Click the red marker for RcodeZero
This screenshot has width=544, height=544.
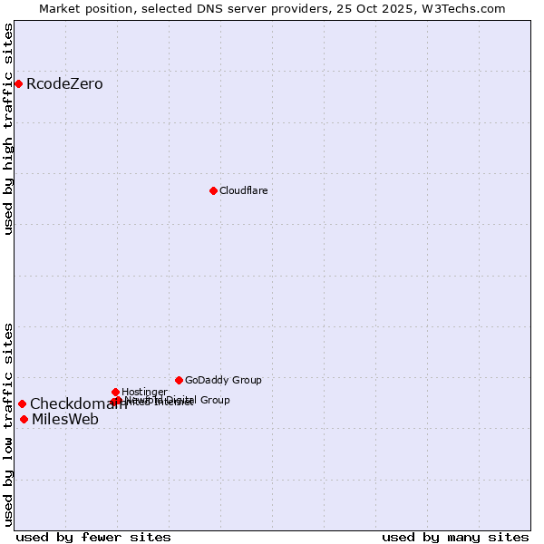coord(18,84)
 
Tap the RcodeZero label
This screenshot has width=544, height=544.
coord(64,84)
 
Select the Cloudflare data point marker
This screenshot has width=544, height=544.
coord(213,190)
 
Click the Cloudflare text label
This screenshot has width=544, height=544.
coord(243,190)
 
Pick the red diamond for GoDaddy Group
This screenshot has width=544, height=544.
coord(179,380)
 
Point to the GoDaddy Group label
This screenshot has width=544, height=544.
coord(223,380)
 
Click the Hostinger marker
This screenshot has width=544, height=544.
coord(115,392)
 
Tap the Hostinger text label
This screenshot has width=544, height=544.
coord(144,392)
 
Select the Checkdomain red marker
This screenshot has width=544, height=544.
coord(22,404)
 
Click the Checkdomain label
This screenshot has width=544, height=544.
coord(78,404)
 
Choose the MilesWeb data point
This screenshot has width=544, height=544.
coord(24,419)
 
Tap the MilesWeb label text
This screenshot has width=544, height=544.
coord(65,419)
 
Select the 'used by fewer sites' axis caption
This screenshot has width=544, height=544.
coord(93,537)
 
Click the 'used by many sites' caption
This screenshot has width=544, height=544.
coord(454,537)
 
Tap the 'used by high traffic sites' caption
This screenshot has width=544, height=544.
coord(8,129)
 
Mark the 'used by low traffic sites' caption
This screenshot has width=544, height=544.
coord(8,424)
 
